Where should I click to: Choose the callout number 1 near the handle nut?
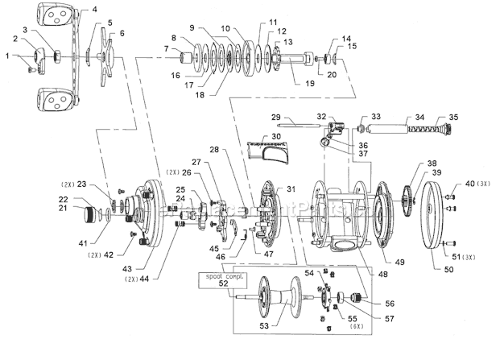(x=9, y=56)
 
